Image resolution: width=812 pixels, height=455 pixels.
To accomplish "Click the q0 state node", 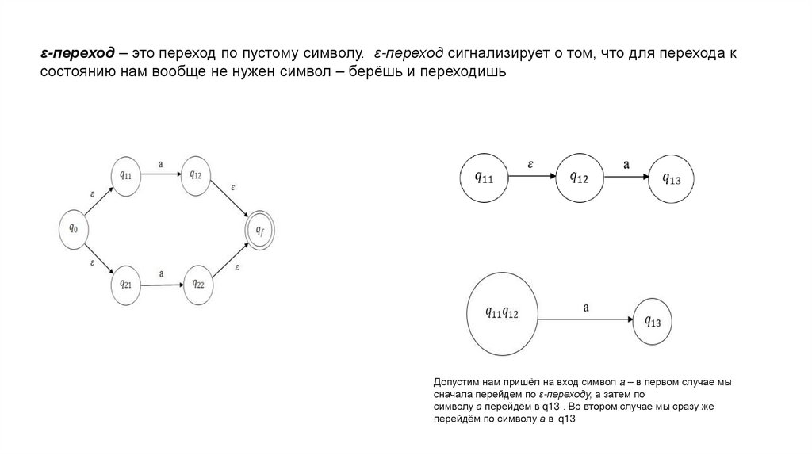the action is tap(74, 227).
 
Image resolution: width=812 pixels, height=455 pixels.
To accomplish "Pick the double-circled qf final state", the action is tap(259, 230).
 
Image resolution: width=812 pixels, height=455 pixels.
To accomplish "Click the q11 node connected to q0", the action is tap(124, 175).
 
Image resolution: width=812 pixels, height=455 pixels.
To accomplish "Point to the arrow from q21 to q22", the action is tap(161, 283).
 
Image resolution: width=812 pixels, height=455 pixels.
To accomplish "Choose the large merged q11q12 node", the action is tap(501, 314).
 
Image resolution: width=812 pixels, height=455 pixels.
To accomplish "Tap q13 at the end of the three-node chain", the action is tap(671, 178).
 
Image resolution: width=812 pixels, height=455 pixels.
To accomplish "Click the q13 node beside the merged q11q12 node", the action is tap(653, 320).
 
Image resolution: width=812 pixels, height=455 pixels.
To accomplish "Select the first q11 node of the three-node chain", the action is tap(483, 178).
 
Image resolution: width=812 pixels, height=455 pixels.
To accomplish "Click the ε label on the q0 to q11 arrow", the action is tap(92, 192).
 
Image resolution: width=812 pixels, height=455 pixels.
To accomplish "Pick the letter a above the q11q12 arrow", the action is tap(585, 305).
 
